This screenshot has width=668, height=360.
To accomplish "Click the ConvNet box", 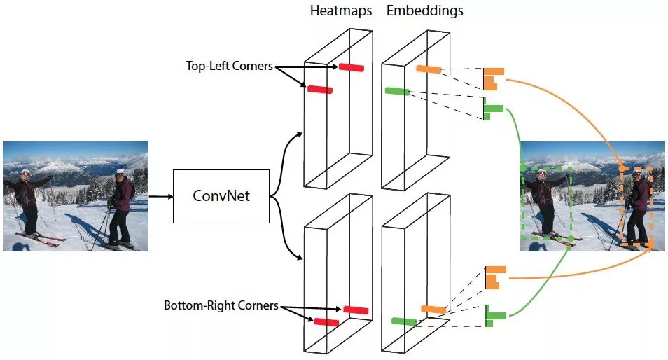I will tap(221, 196).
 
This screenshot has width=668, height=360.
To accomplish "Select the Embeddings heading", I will tap(425, 11).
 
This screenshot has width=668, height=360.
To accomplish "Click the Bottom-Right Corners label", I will tap(221, 306).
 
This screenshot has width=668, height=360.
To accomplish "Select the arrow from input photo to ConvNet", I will tap(160, 196).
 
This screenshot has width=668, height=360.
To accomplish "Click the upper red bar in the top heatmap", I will tap(352, 67).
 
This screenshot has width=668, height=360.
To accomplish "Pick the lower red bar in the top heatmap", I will tap(320, 90).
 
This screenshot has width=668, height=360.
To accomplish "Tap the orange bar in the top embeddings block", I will tap(428, 69).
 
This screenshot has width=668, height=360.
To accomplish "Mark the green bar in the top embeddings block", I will tap(398, 91).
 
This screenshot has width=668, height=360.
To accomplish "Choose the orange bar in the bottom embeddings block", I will tap(433, 309).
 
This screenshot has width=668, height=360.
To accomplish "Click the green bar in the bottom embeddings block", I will tap(404, 321).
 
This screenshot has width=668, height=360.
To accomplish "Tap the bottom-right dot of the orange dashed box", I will tap(652, 246).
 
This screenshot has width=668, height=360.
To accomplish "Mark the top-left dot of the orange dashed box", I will tap(622, 169).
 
